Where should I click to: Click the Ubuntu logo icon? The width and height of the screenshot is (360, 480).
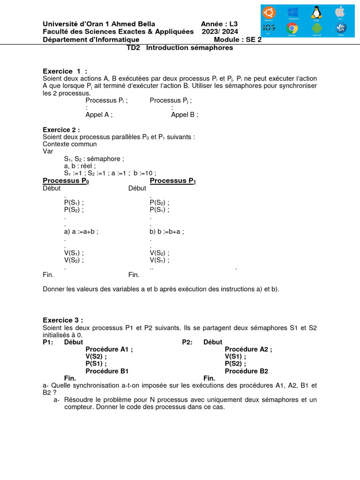click(270, 12)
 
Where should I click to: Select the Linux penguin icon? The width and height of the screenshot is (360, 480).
click(316, 12)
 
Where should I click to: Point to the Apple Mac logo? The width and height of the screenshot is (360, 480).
click(341, 12)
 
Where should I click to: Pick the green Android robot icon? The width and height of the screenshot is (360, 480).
click(316, 29)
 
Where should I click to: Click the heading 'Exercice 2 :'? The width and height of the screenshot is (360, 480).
click(61, 129)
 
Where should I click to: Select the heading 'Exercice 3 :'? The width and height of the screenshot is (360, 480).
click(62, 320)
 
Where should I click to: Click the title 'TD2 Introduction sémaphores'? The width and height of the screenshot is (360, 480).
click(180, 48)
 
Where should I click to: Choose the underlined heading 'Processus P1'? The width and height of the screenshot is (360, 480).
click(172, 181)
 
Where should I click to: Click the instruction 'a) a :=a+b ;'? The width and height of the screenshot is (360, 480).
click(81, 231)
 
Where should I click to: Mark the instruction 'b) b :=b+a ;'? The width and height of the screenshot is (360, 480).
click(167, 231)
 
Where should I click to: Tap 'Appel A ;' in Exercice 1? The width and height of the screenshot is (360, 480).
click(99, 114)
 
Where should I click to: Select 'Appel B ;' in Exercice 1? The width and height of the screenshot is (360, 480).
click(184, 114)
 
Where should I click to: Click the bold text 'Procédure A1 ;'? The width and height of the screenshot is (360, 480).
click(109, 349)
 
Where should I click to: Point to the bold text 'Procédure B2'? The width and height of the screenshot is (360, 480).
click(246, 371)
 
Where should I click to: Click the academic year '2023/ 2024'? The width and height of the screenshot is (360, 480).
click(220, 31)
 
